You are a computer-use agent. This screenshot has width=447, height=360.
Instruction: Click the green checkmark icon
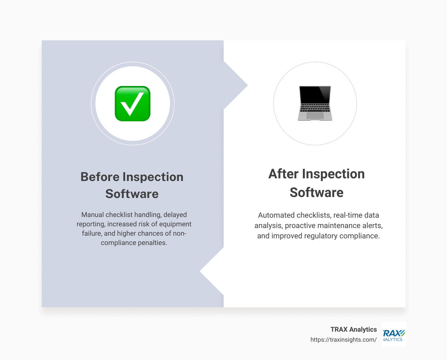coord(132,103)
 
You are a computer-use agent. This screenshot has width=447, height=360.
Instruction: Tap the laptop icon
coord(315,103)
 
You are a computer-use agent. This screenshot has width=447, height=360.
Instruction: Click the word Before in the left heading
coord(100,177)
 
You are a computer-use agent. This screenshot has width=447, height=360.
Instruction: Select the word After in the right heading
coord(283,174)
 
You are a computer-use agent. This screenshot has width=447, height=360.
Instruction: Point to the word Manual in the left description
coord(92,215)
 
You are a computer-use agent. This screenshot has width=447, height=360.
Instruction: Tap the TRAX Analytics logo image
coord(394,334)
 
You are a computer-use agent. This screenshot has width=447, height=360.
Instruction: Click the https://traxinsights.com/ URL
coord(343,340)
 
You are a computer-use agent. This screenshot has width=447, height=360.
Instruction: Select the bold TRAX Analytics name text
coord(354,329)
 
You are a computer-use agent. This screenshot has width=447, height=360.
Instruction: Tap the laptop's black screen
coord(315,94)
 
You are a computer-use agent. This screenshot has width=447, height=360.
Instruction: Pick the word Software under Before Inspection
coord(132,194)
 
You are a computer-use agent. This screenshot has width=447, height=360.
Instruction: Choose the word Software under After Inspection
coord(316,192)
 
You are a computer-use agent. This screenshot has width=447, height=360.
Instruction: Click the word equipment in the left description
coord(175,224)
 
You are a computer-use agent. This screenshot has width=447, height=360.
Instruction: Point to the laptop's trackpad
coord(315,115)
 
